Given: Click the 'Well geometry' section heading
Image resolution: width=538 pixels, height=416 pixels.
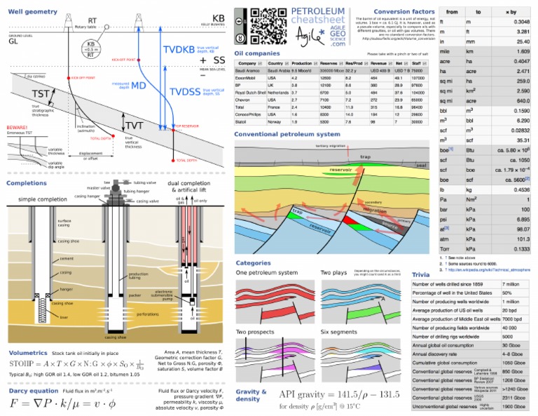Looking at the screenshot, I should [x=33, y=12].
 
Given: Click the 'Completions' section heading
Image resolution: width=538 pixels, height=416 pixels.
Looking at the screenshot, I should [x=27, y=183].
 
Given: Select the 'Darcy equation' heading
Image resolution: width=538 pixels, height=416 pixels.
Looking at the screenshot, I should [x=33, y=390].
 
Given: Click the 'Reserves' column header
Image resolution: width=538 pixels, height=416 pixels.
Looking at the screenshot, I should [x=328, y=63].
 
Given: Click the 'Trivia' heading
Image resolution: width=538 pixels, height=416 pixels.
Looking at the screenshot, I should [x=421, y=274].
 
